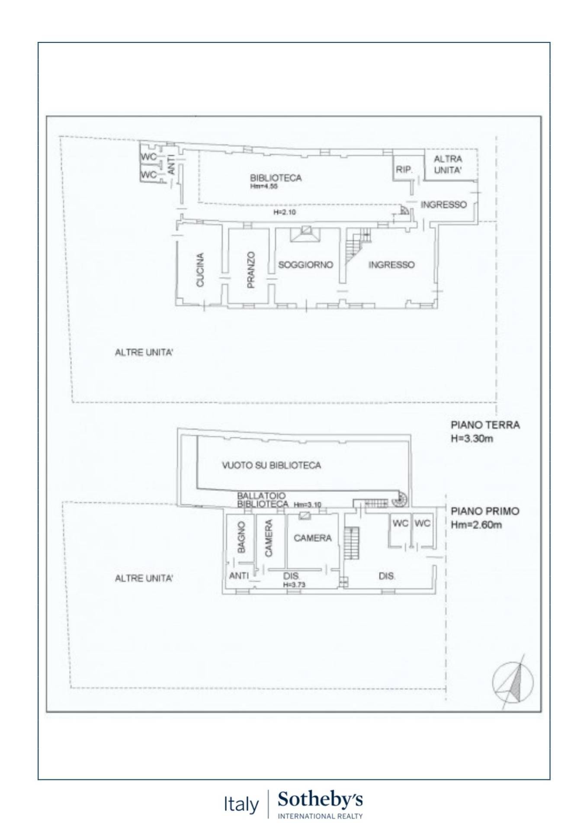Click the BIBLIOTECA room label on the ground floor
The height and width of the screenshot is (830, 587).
point(276,178)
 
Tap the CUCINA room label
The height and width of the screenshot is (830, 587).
point(200,270)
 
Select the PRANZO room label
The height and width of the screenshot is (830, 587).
point(251,270)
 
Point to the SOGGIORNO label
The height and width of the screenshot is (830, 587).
point(305,265)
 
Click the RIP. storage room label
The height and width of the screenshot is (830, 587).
point(404,170)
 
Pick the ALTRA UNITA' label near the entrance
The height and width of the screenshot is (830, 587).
point(448,165)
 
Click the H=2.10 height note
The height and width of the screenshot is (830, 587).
point(285,212)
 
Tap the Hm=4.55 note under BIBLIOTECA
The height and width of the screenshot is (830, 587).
point(263,186)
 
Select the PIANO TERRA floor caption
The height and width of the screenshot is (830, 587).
point(485,425)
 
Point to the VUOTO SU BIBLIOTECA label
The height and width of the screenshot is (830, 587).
point(271,465)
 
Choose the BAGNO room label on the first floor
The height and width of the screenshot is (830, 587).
point(241,537)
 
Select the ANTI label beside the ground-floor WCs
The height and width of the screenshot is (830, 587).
point(171,165)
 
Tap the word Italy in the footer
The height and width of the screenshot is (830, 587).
point(241,804)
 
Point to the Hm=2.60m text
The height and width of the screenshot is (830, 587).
point(476,525)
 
